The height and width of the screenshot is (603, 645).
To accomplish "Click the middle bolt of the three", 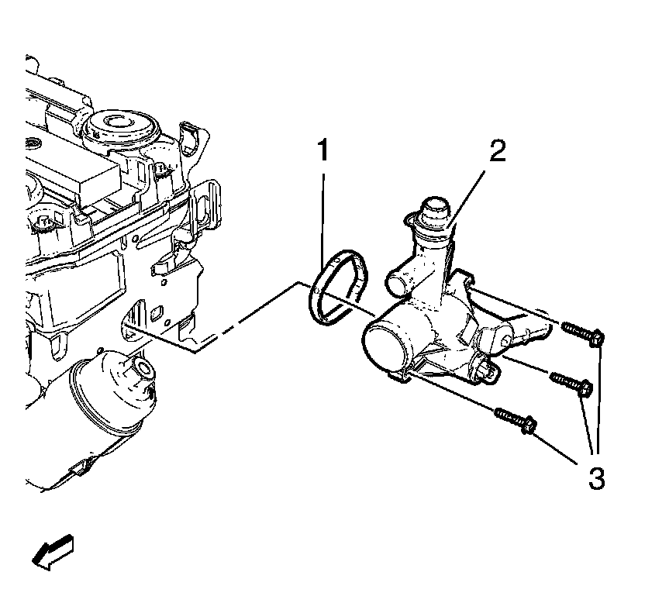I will [x=572, y=384].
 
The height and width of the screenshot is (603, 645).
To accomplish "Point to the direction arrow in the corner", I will [x=53, y=553].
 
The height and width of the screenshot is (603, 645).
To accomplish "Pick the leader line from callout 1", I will [x=323, y=209].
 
